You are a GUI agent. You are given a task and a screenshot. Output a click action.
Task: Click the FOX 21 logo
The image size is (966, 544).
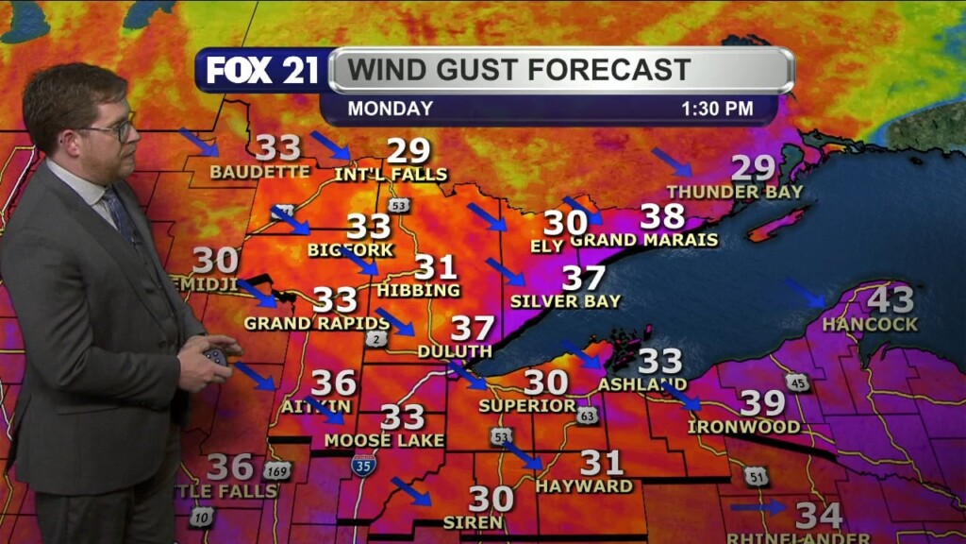[262, 71]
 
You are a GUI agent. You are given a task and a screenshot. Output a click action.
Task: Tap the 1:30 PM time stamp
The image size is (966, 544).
[717, 109]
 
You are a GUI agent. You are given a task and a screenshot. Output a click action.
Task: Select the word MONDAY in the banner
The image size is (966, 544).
[391, 109]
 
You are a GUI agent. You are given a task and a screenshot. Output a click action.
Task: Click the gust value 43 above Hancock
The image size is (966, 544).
[891, 300]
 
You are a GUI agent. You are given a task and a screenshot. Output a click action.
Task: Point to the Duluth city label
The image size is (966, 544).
[455, 351]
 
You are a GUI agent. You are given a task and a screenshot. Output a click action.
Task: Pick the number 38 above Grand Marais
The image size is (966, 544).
[662, 216]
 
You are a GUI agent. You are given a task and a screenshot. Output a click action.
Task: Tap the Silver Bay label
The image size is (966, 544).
[565, 301]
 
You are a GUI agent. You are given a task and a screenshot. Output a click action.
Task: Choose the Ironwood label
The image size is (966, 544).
[743, 427]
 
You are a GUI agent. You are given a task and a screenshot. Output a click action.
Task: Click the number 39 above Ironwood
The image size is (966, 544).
[762, 403]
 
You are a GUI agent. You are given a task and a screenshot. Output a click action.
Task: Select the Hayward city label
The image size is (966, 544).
[584, 485]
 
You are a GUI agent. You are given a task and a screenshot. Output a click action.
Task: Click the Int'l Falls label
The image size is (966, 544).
[391, 175]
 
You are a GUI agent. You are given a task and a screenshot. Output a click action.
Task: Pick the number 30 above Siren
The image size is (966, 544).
[491, 498]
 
